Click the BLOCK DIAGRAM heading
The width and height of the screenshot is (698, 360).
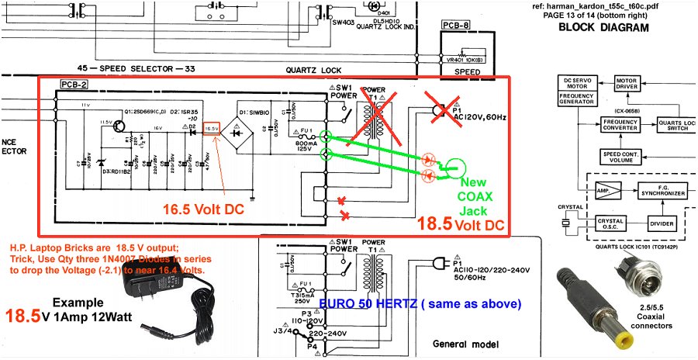point(603,28)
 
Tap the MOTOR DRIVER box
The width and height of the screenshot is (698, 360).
point(626,85)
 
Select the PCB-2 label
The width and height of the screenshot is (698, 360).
point(74,85)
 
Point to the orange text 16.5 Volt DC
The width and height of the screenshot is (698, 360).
point(204,209)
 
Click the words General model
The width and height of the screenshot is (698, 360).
point(463,344)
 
